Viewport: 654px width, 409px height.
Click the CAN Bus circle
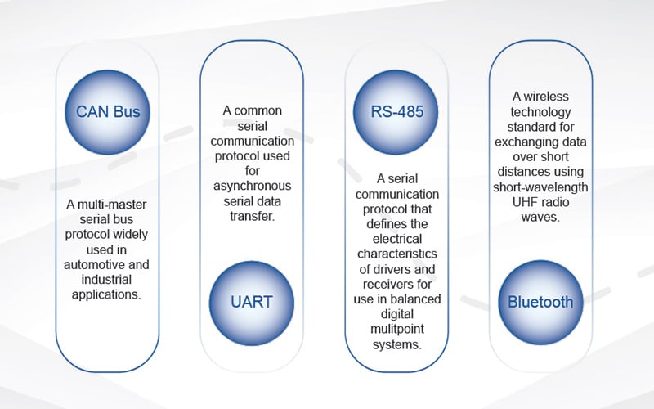pos(109,112)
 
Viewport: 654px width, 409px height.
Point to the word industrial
pos(108,278)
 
